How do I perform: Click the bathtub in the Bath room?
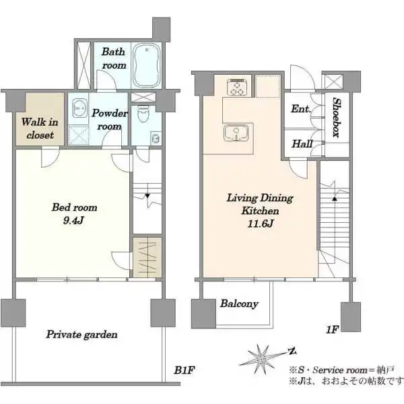click(147, 65)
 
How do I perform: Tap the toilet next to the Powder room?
click(142, 114)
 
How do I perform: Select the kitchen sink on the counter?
click(236, 133)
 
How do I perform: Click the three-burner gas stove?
click(237, 87)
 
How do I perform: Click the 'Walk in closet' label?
click(40, 129)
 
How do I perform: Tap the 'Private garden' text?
click(81, 335)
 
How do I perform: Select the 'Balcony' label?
click(239, 304)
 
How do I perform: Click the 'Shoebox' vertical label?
click(336, 117)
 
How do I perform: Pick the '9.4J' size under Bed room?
click(73, 221)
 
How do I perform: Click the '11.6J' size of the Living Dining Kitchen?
click(260, 224)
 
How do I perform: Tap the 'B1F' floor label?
click(184, 370)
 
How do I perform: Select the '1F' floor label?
click(332, 329)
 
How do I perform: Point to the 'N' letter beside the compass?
click(292, 351)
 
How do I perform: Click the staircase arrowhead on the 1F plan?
click(335, 199)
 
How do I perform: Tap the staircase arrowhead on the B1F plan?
click(147, 196)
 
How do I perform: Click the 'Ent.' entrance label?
click(301, 108)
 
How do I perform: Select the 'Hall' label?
click(302, 144)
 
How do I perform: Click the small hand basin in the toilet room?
click(156, 138)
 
